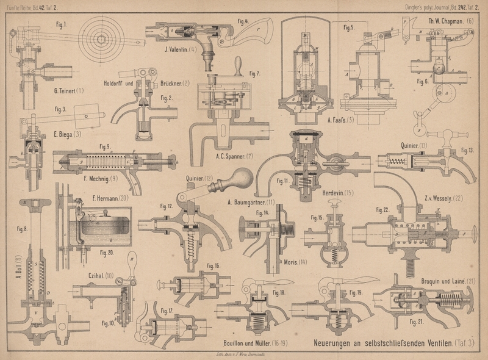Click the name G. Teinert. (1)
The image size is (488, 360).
click(x=65, y=91)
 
